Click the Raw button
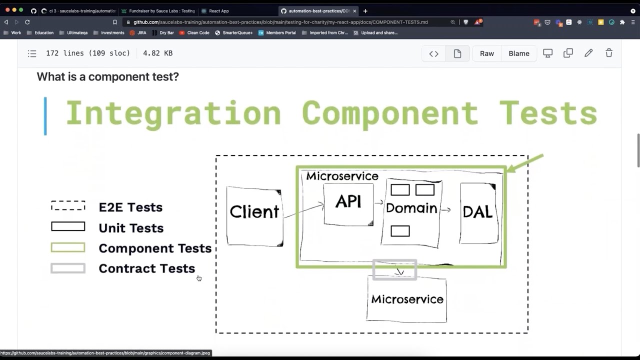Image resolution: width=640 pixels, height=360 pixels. (486, 53)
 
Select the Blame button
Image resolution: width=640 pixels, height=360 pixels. (518, 53)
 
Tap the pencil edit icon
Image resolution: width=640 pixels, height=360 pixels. (588, 53)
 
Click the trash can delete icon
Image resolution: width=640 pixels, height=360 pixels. (608, 53)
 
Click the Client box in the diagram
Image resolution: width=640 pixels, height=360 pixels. (254, 216)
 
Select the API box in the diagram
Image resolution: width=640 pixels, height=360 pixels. (348, 204)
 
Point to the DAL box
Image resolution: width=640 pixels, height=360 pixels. (478, 212)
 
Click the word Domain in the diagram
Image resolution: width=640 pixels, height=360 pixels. (411, 208)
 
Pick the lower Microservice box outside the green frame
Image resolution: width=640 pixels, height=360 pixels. (406, 299)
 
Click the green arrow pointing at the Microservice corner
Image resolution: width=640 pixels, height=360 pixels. (525, 163)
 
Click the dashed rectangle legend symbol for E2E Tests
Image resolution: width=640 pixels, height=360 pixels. (68, 206)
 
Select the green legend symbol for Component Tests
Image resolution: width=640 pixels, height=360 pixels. (68, 247)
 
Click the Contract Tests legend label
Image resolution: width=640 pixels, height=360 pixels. (146, 268)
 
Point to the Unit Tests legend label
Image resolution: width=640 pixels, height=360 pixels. (131, 228)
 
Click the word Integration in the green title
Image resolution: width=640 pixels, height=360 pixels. (173, 113)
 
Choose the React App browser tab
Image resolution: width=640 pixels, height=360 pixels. (218, 11)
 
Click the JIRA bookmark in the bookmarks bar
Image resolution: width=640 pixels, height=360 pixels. (141, 32)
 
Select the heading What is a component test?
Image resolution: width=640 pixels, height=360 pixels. (107, 76)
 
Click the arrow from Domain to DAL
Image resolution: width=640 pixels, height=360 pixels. (445, 210)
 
